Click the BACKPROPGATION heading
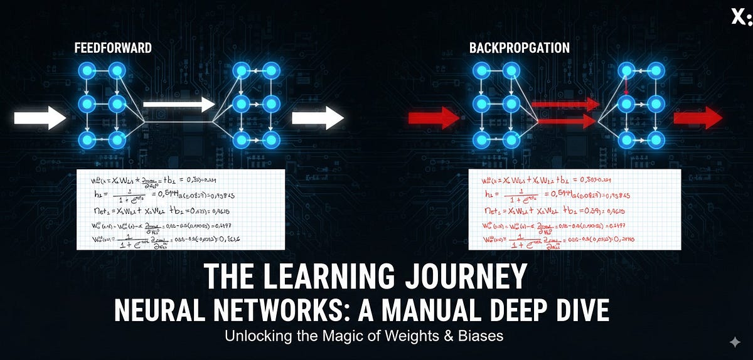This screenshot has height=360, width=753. (520, 48)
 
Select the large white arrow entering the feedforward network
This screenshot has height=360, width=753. (40, 117)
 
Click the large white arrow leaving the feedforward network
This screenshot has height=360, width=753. (318, 117)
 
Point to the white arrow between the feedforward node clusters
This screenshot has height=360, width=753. (178, 105)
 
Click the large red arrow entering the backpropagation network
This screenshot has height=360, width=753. (434, 117)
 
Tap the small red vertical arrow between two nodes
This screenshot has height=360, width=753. (626, 86)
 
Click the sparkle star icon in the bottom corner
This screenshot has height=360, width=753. (734, 342)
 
